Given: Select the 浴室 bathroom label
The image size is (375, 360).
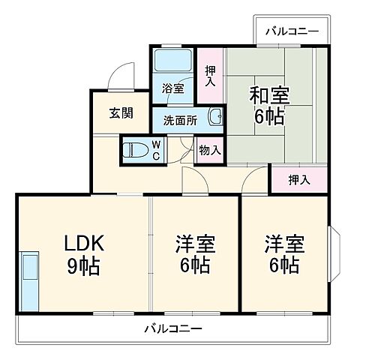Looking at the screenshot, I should click(173, 88).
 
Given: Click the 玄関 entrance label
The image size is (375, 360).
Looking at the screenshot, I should click(120, 113).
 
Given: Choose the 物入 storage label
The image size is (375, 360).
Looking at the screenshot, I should click(210, 150).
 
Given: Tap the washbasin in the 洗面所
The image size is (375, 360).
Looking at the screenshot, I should click(215, 116).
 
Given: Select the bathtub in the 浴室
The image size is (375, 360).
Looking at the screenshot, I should click(174, 61).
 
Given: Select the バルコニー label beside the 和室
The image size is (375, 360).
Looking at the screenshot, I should click(292, 31).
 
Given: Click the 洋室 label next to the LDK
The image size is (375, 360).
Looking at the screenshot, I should click(195, 244).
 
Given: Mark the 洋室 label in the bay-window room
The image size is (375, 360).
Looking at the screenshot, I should click(283, 244).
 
